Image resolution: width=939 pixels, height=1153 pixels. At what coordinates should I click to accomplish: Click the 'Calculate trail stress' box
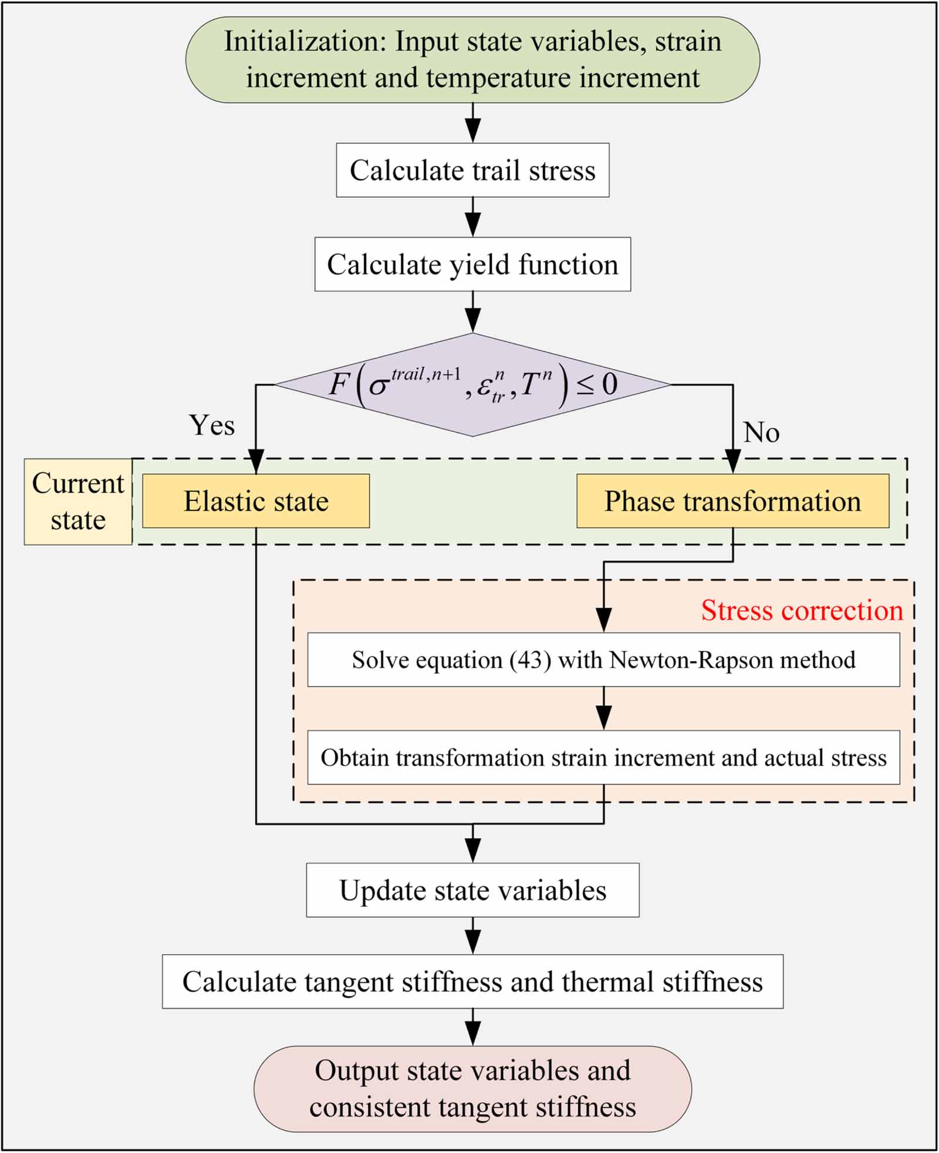pos(472,170)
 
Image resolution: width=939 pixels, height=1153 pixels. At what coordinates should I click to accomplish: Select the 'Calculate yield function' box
pos(472,264)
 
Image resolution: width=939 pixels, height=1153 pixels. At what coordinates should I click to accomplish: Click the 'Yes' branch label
pos(212,425)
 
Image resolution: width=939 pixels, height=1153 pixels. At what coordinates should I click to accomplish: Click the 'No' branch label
pos(761,432)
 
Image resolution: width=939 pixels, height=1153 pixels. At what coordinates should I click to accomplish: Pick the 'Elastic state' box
pos(256,501)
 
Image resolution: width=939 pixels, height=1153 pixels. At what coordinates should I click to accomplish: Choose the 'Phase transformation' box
pos(732,501)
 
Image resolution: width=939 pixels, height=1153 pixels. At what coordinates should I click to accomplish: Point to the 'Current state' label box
pos(78,502)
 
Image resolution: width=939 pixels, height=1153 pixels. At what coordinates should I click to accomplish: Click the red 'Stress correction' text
pos(802,610)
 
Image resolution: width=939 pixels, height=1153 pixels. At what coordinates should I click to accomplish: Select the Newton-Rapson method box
pos(603,660)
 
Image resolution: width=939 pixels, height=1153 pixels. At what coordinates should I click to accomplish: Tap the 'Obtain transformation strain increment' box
pos(603,758)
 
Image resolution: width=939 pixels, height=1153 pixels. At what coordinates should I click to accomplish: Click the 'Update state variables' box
pos(472,890)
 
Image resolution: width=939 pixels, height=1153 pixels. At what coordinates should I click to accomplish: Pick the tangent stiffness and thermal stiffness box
pos(472,982)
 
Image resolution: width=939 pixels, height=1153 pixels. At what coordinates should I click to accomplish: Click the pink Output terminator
pos(472,1088)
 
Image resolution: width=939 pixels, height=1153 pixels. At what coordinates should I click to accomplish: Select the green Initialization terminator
pos(472,59)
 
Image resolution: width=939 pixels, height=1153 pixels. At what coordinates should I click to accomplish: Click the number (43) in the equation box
pos(530,660)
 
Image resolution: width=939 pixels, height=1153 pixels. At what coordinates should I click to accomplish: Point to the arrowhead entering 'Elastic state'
pos(256,462)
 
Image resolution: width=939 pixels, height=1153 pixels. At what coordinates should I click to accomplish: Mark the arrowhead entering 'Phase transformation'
pos(732,462)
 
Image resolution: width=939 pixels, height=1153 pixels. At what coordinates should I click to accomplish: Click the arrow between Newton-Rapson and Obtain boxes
pos(603,710)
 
